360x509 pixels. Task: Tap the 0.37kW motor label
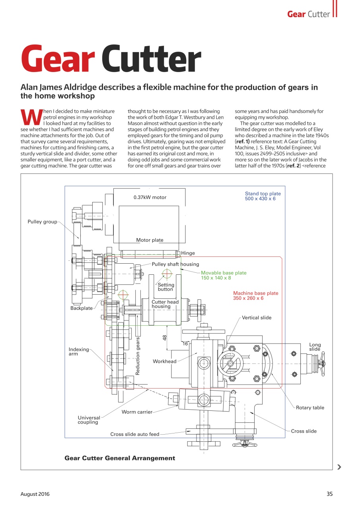pyautogui.click(x=150, y=197)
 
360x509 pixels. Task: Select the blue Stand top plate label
pyautogui.click(x=263, y=196)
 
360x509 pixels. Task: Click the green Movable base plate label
pyautogui.click(x=223, y=275)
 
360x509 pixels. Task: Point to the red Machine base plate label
pyautogui.click(x=255, y=295)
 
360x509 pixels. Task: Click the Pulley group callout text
pyautogui.click(x=42, y=221)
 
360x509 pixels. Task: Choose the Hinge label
pyautogui.click(x=188, y=253)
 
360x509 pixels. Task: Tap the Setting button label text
pyautogui.click(x=166, y=287)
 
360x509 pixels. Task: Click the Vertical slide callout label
pyautogui.click(x=257, y=317)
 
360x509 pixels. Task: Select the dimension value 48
pyautogui.click(x=164, y=338)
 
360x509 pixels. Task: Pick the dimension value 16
pyautogui.click(x=185, y=344)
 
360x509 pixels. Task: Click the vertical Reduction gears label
pyautogui.click(x=138, y=356)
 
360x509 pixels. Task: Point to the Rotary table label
pyautogui.click(x=310, y=407)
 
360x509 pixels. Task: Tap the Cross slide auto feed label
pyautogui.click(x=134, y=434)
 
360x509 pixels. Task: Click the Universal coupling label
pyautogui.click(x=89, y=420)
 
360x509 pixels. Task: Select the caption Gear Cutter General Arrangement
pyautogui.click(x=120, y=458)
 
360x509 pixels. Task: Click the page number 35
pyautogui.click(x=329, y=494)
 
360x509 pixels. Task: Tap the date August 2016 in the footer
pyautogui.click(x=35, y=494)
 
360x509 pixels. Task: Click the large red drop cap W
pyautogui.click(x=31, y=117)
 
